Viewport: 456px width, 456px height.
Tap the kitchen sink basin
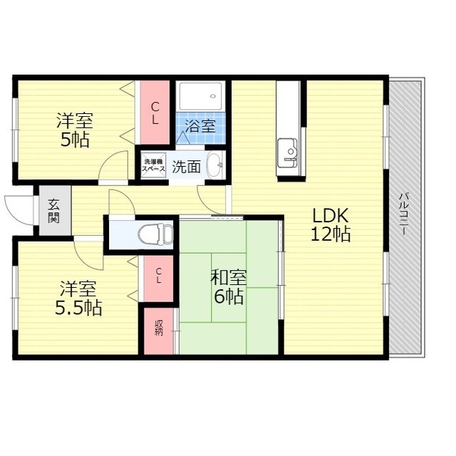[287, 153]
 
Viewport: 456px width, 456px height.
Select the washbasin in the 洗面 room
[214, 165]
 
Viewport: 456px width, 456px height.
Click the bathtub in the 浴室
[200, 96]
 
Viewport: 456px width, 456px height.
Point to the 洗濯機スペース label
[153, 165]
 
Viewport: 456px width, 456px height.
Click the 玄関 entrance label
[54, 210]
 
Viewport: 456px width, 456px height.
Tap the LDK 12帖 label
[331, 224]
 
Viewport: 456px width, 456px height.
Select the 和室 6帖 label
[229, 286]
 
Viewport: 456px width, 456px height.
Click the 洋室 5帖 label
[75, 130]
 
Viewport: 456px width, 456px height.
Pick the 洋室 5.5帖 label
[78, 298]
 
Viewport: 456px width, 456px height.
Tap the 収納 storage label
[158, 328]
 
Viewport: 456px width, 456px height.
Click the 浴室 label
[200, 126]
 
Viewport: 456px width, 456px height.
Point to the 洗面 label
[186, 167]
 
